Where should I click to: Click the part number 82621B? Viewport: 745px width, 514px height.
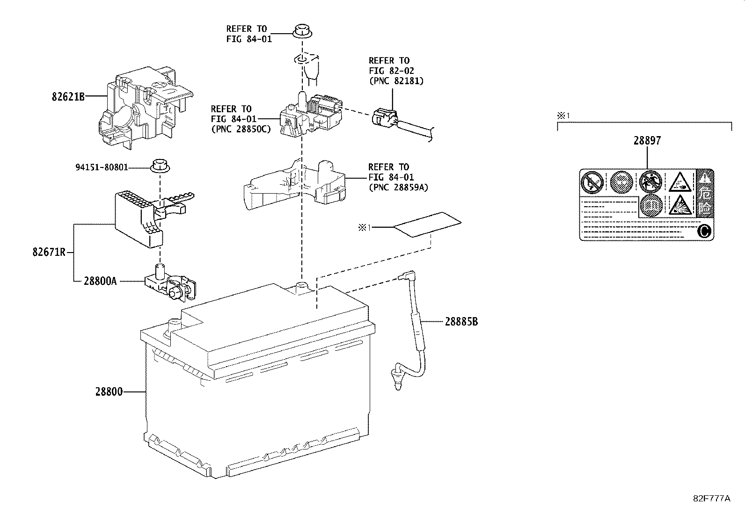click(x=68, y=97)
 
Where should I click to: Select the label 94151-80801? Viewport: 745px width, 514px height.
click(x=102, y=167)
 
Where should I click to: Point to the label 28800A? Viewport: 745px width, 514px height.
click(x=100, y=281)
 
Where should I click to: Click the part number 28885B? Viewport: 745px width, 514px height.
click(x=461, y=322)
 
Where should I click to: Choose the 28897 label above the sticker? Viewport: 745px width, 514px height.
click(x=647, y=140)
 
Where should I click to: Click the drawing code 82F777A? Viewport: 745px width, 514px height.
click(x=711, y=498)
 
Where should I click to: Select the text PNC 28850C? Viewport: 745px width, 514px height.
click(x=241, y=129)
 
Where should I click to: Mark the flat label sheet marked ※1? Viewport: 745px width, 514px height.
click(x=427, y=224)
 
